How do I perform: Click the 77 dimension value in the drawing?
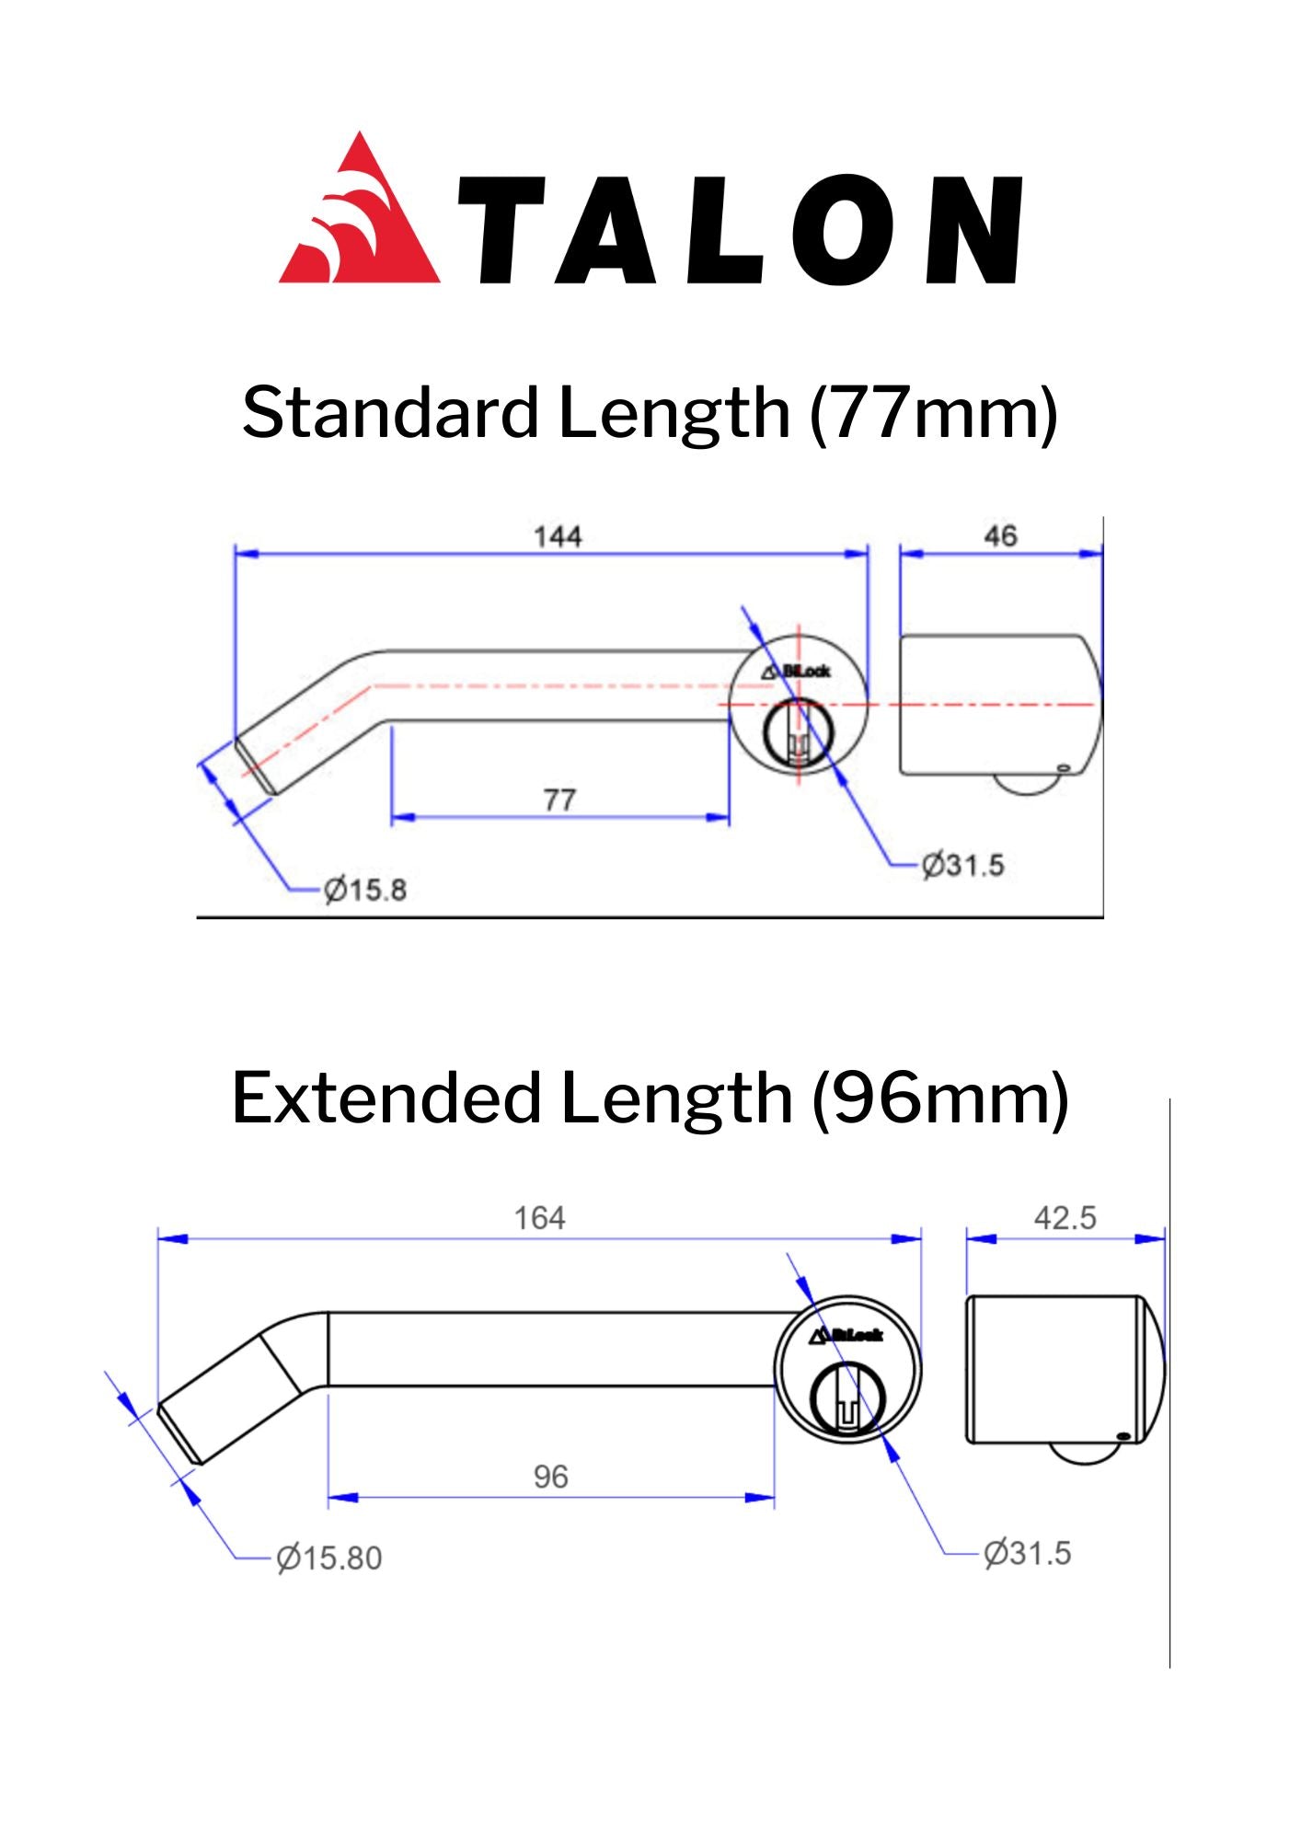click(x=559, y=799)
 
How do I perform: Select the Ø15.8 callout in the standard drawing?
click(x=365, y=890)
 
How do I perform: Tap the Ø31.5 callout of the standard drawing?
click(x=963, y=865)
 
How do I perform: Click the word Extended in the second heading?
click(x=386, y=1098)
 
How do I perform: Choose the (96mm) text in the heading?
click(x=940, y=1098)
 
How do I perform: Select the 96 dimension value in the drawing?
click(x=550, y=1476)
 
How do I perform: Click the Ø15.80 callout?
click(x=328, y=1558)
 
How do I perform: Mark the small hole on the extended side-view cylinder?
click(x=1122, y=1436)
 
